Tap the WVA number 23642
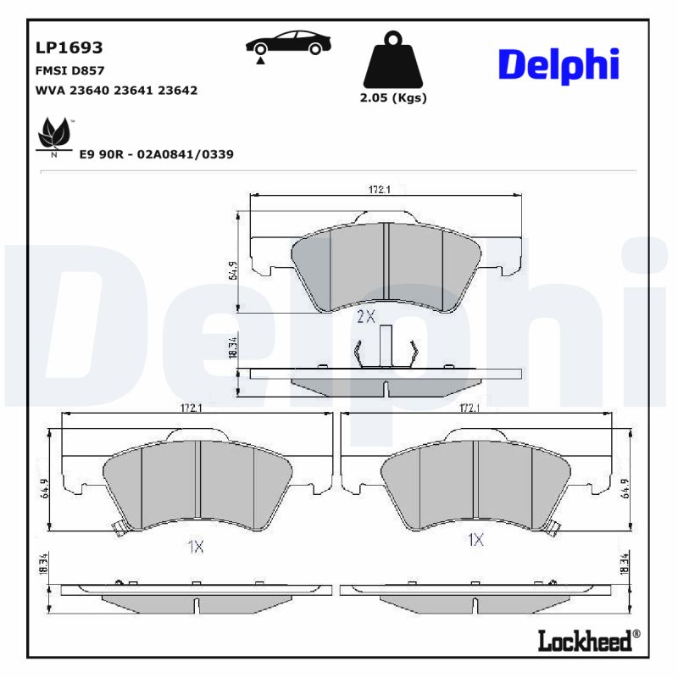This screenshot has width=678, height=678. pyautogui.click(x=180, y=90)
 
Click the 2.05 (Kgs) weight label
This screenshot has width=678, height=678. pyautogui.click(x=393, y=98)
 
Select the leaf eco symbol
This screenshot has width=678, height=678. pyautogui.click(x=55, y=135)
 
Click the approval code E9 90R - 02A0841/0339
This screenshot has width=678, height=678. pyautogui.click(x=156, y=154)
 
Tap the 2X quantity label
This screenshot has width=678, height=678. pyautogui.click(x=365, y=317)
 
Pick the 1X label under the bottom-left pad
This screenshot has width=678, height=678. pyautogui.click(x=195, y=547)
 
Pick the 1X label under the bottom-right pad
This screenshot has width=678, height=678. pyautogui.click(x=475, y=540)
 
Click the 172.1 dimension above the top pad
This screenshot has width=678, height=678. pyautogui.click(x=379, y=190)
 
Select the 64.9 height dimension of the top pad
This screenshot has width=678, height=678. pyautogui.click(x=232, y=270)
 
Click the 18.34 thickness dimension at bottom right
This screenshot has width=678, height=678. pyautogui.click(x=625, y=565)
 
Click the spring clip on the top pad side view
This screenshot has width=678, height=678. pyautogui.click(x=386, y=349)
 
